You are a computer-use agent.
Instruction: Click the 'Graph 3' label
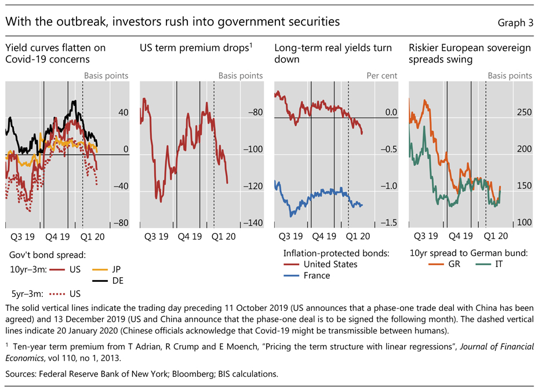(x=515, y=23)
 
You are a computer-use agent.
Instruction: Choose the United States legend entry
(x=330, y=264)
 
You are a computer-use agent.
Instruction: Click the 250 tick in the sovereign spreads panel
(x=524, y=112)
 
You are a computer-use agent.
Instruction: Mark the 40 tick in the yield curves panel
(x=123, y=112)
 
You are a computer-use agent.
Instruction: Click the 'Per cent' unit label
(x=383, y=76)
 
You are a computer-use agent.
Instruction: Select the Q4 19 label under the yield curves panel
(x=57, y=236)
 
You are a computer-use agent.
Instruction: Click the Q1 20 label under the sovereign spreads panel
(x=496, y=236)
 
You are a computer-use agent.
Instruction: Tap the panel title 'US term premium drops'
(x=195, y=48)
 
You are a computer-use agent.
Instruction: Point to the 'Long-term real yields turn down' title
(x=333, y=53)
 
